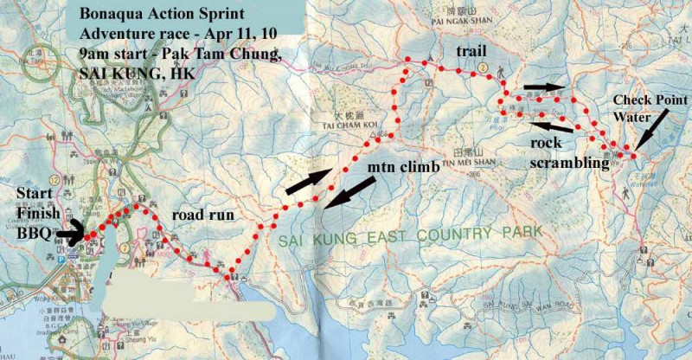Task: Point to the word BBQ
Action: [31, 233]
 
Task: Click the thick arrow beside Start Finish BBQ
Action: [73, 231]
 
